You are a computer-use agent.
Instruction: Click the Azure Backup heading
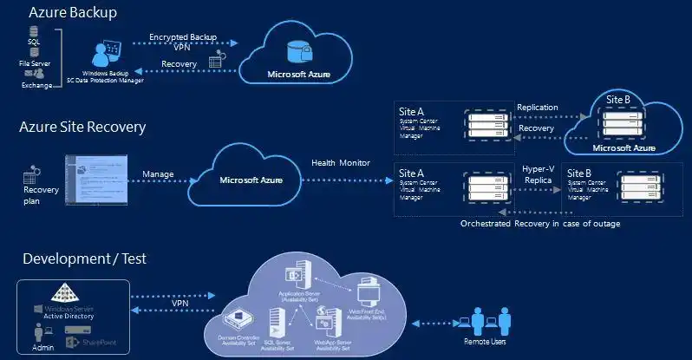pyautogui.click(x=73, y=13)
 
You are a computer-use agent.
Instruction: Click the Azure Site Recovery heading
pyautogui.click(x=82, y=128)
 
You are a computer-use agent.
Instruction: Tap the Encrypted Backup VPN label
pyautogui.click(x=183, y=43)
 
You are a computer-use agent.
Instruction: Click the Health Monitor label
pyautogui.click(x=342, y=162)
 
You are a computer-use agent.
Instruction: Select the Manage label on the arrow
pyautogui.click(x=160, y=174)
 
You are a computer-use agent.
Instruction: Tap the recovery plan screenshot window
pyautogui.click(x=96, y=180)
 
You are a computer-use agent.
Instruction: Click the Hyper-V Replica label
pyautogui.click(x=539, y=174)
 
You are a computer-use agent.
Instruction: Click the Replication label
pyautogui.click(x=537, y=108)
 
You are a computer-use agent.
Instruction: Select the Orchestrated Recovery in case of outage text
pyautogui.click(x=539, y=223)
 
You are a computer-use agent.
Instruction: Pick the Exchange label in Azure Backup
pyautogui.click(x=36, y=85)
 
